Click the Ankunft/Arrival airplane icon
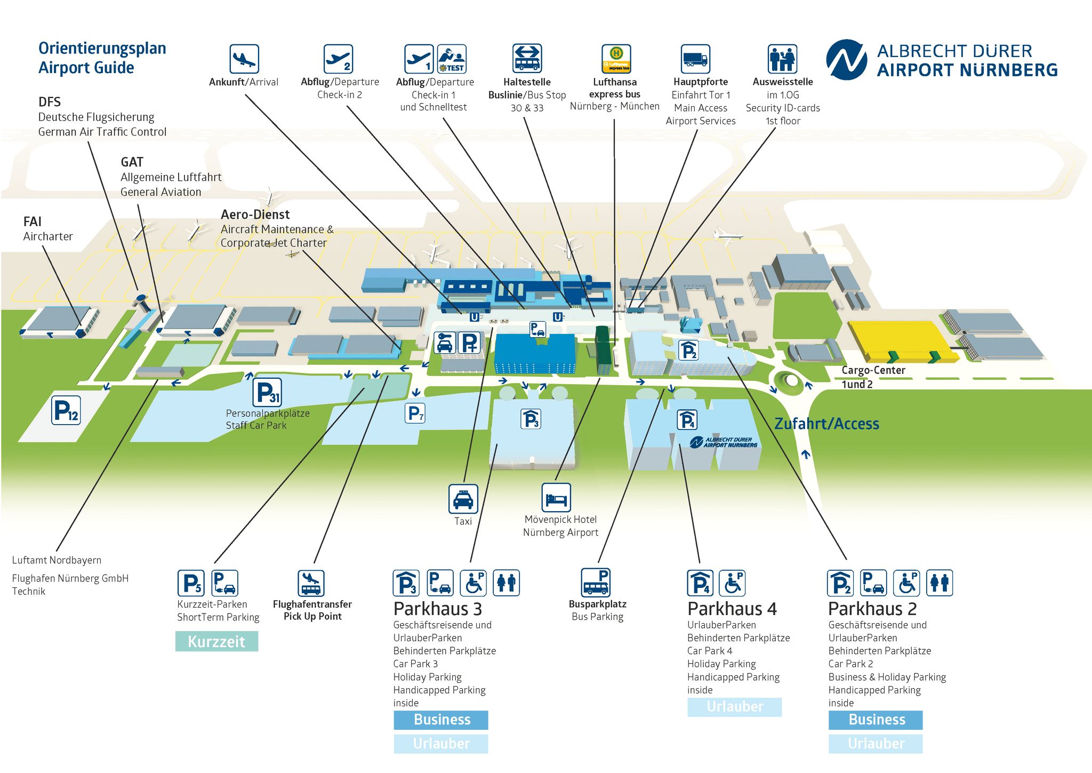[244, 59]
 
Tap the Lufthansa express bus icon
[616, 59]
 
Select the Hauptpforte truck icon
[695, 59]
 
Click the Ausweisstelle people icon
[782, 59]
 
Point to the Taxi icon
[463, 499]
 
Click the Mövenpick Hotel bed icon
[556, 498]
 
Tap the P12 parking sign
[66, 410]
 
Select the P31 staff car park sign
[267, 393]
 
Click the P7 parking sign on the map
[415, 413]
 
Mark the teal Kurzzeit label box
[216, 641]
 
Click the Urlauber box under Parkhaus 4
[734, 707]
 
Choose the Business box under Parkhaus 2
[876, 720]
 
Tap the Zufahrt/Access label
[826, 424]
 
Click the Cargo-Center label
[873, 370]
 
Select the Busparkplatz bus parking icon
[596, 582]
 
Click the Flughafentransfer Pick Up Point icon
[311, 584]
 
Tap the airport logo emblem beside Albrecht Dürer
[846, 60]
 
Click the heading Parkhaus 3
[437, 609]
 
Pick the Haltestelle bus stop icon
[527, 59]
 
